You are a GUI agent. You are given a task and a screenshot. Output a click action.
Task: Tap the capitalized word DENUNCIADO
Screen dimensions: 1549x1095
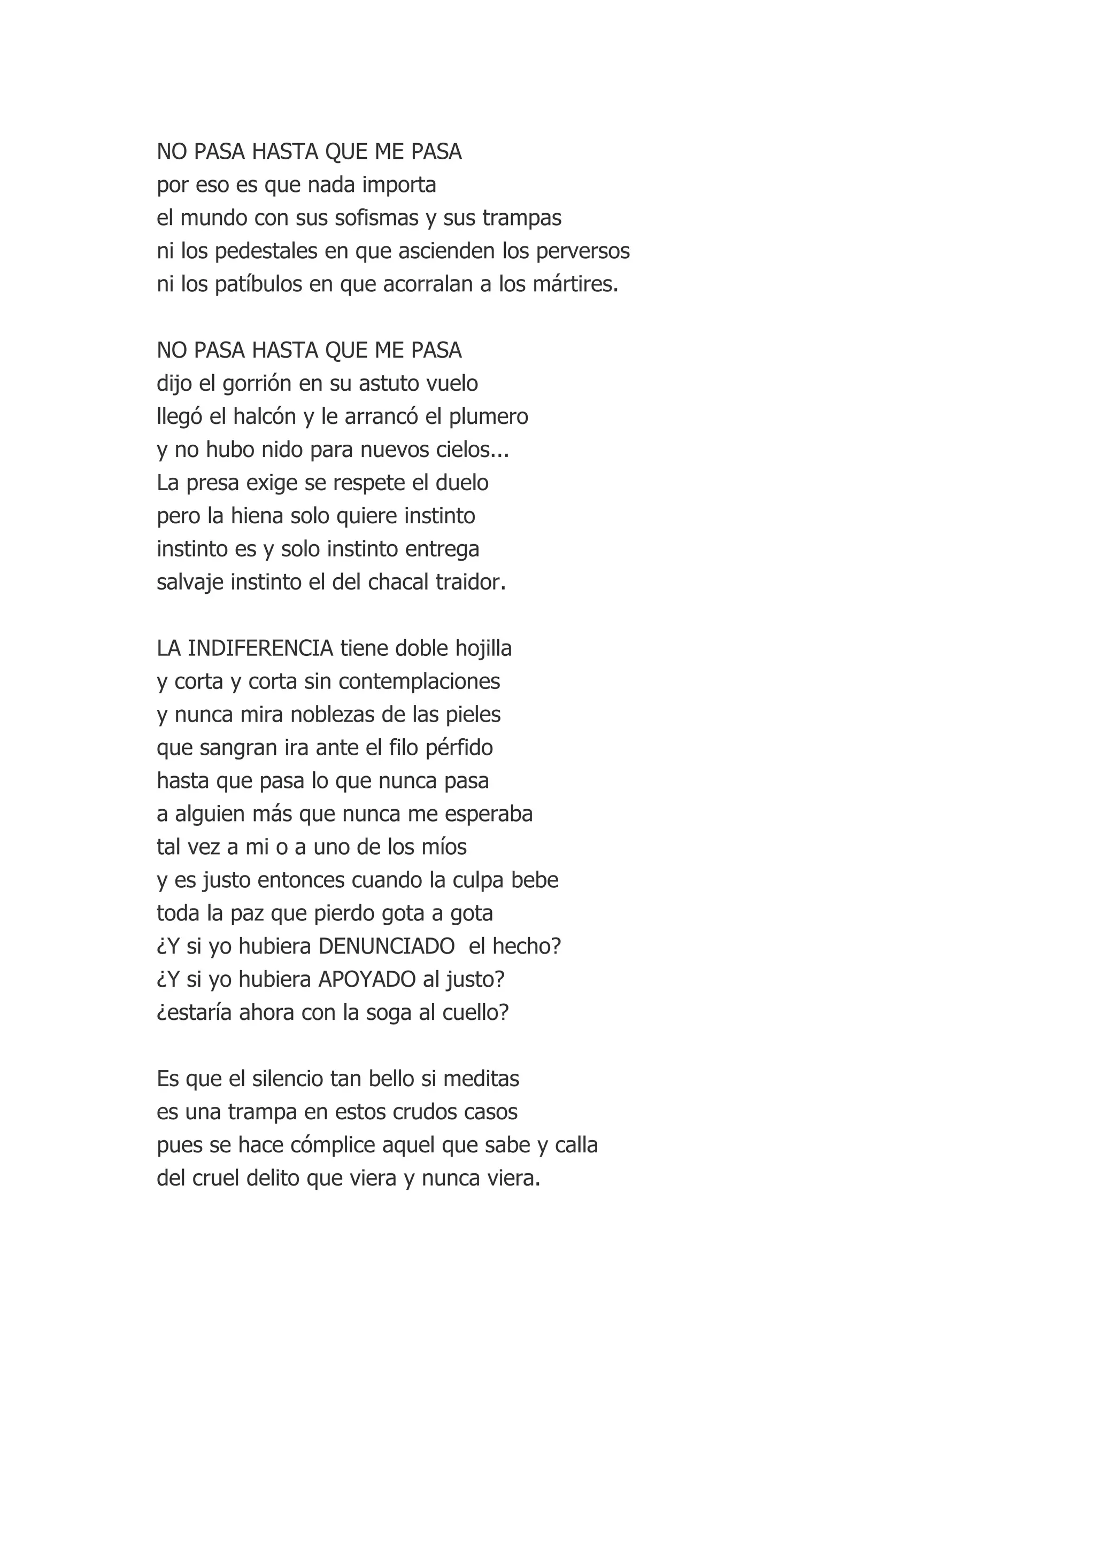[x=387, y=946]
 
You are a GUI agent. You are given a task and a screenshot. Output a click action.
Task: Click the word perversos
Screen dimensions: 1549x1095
[x=583, y=251]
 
